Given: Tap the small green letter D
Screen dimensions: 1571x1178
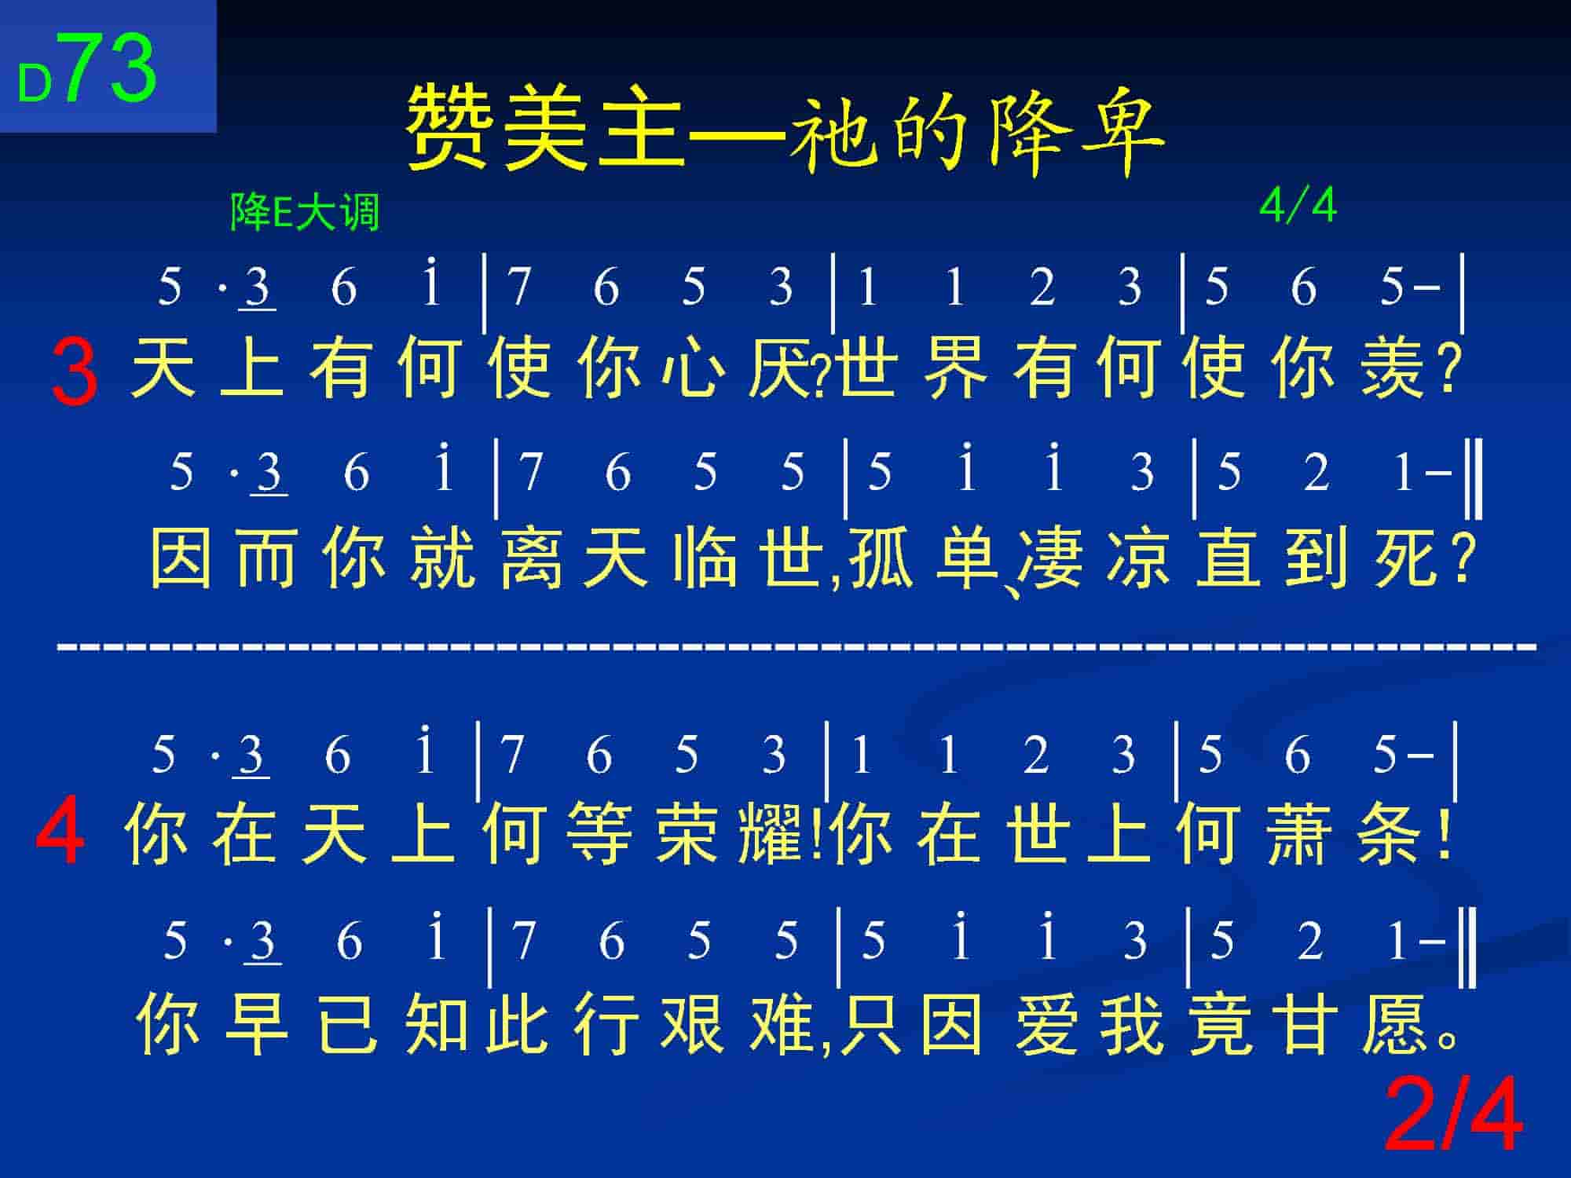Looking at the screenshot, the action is point(35,84).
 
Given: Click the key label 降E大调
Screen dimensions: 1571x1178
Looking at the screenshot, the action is point(305,212).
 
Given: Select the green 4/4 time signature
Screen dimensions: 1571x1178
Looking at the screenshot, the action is point(1298,207).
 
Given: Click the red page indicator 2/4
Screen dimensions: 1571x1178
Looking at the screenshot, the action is point(1453,1115).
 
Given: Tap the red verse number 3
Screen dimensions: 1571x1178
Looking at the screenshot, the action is point(75,372).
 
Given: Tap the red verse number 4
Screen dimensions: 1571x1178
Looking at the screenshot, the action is point(60,830).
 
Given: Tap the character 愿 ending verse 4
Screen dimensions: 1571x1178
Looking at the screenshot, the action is point(1395,1023).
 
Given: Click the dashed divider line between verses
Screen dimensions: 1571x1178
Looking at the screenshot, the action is point(796,647).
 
